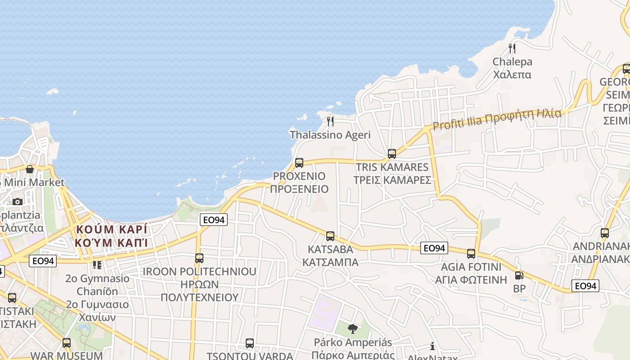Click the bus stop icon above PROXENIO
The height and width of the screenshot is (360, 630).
(299, 162)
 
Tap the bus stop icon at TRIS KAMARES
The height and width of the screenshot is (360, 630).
(392, 153)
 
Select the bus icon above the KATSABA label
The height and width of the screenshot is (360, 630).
(330, 236)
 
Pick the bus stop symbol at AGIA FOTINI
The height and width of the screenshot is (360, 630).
(471, 253)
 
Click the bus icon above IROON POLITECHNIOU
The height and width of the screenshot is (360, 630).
(199, 258)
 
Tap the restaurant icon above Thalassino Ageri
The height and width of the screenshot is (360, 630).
(330, 121)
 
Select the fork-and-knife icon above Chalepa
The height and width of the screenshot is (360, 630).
(512, 48)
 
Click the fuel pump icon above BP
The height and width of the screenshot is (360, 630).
(519, 275)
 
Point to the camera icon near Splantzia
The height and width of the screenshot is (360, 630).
(18, 202)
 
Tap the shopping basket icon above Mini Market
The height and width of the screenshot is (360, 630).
(30, 169)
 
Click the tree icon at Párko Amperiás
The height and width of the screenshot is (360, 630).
(353, 328)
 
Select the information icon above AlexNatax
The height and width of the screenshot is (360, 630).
(432, 346)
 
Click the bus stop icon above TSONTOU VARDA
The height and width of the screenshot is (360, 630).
(250, 343)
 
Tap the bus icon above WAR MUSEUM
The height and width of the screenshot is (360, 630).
(67, 342)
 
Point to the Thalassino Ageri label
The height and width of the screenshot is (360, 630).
(330, 135)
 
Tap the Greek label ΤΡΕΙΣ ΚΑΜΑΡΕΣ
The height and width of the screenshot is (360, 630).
(392, 180)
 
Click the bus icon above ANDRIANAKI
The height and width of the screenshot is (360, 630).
(605, 233)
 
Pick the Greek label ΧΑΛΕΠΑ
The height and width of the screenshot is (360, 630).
(512, 74)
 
